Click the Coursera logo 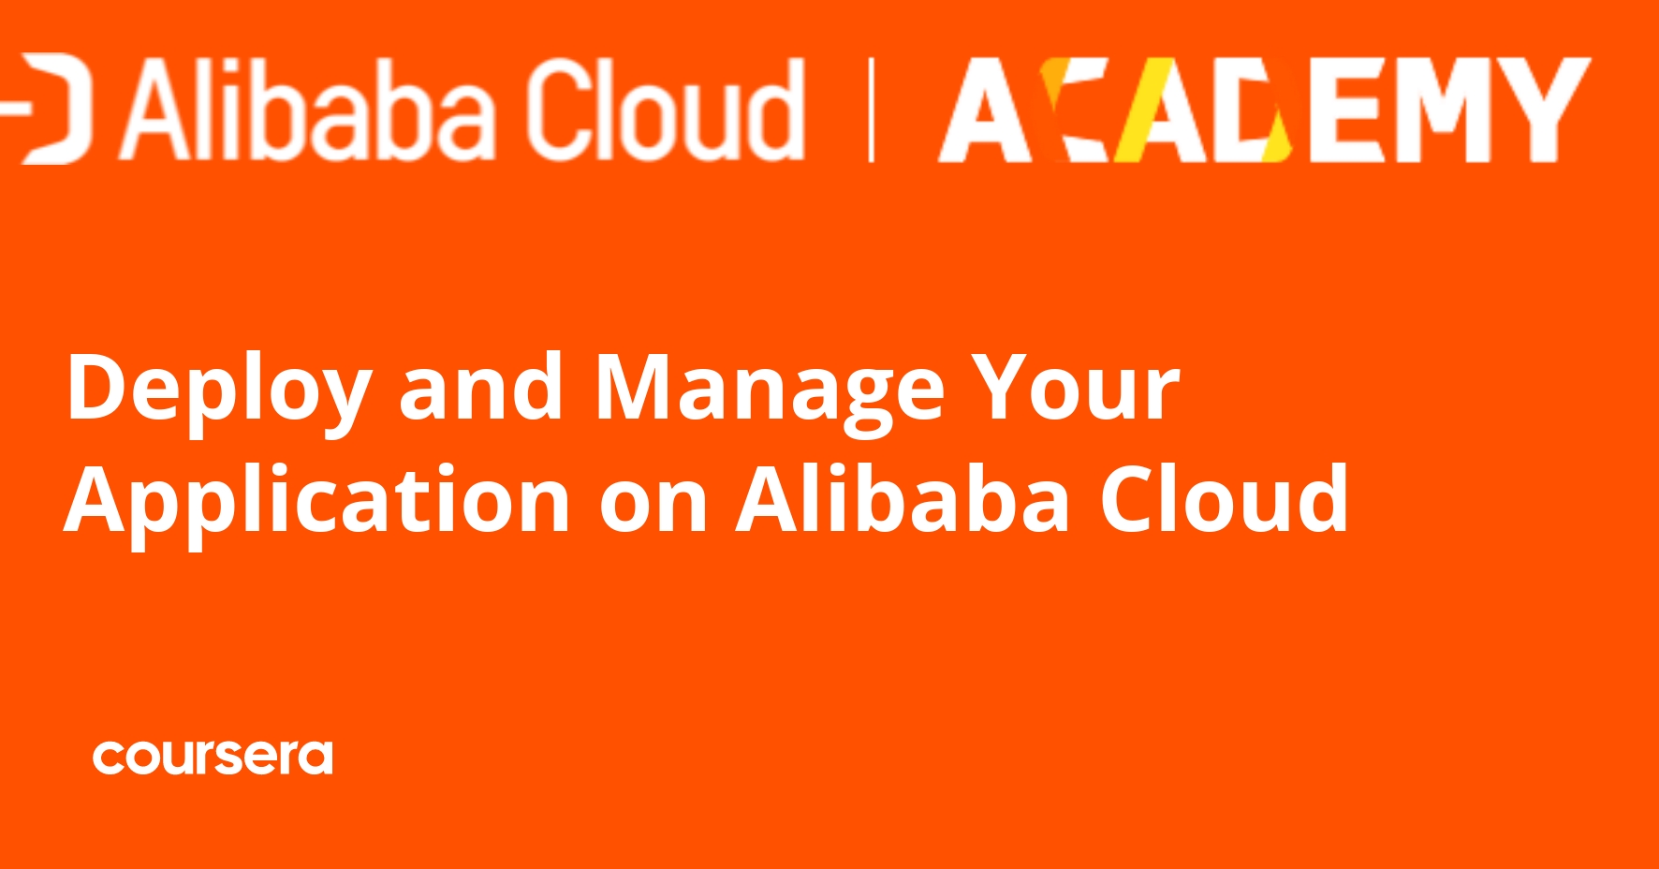(213, 758)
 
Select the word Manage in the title (770, 389)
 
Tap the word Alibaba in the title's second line (903, 499)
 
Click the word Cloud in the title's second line (1224, 499)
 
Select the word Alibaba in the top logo (308, 110)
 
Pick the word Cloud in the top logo (664, 110)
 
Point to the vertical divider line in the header (872, 110)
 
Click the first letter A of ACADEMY (985, 111)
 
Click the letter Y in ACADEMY (1544, 111)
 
